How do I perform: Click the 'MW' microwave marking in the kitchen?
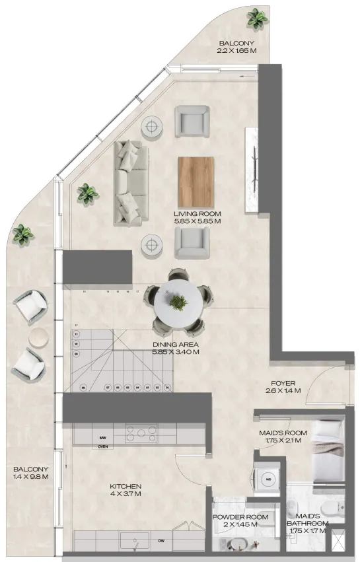103,437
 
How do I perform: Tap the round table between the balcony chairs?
39,336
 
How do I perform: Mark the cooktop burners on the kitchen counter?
141,434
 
